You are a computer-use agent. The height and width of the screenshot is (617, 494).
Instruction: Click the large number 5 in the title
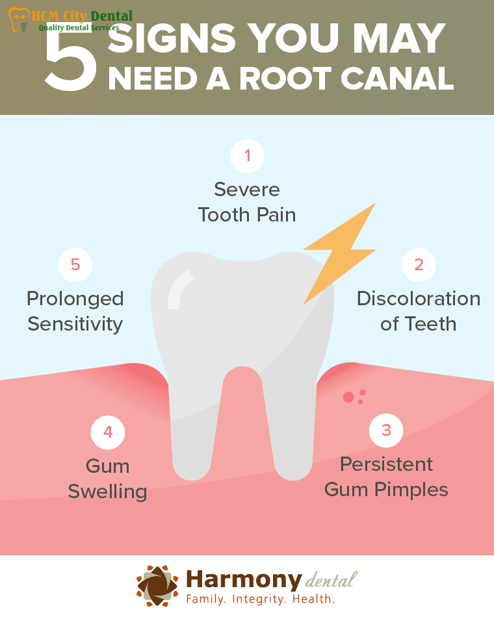click(71, 59)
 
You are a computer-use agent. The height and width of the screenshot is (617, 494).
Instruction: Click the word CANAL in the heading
click(397, 79)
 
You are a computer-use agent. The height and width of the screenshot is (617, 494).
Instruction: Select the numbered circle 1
click(247, 156)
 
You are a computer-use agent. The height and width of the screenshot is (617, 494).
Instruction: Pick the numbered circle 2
click(419, 265)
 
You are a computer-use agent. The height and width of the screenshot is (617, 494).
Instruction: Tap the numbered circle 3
click(386, 431)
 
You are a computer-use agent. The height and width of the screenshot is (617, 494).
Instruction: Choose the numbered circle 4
click(107, 433)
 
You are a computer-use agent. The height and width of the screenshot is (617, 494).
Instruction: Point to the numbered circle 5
click(75, 265)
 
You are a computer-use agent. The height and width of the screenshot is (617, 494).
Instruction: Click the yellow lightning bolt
click(339, 254)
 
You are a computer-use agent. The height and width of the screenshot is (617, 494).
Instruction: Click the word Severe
click(247, 190)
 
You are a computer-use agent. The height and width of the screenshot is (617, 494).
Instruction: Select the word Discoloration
click(419, 299)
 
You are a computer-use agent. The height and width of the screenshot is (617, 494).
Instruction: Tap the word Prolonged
click(75, 299)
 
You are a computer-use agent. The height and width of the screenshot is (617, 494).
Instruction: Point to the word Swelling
click(107, 492)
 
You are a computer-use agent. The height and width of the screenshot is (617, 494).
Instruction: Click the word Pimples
click(411, 490)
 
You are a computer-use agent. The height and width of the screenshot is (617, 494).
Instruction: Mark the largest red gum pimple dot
click(348, 397)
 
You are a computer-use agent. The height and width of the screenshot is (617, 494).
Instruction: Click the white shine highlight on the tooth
click(179, 289)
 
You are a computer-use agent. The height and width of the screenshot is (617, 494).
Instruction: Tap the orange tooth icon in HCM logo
click(18, 19)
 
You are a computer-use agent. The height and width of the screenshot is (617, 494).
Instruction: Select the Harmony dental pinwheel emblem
click(157, 586)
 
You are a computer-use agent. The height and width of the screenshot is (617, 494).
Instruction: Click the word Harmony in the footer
click(244, 581)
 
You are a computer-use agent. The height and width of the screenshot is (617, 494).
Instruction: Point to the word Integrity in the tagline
click(259, 599)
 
